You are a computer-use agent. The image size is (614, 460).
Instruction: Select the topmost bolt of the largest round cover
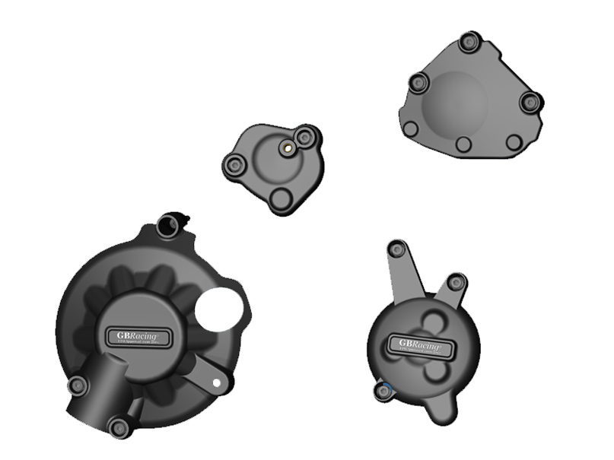click(167, 225)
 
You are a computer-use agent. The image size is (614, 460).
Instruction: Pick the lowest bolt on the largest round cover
click(119, 427)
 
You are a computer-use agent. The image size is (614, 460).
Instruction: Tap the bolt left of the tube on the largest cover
click(78, 386)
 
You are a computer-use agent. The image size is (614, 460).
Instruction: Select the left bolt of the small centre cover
click(234, 164)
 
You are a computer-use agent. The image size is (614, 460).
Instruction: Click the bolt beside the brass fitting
click(306, 138)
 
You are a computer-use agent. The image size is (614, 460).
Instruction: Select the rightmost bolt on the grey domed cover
click(530, 100)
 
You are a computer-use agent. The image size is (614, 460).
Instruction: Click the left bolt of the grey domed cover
click(418, 83)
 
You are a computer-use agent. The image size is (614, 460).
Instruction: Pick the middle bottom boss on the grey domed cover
click(463, 144)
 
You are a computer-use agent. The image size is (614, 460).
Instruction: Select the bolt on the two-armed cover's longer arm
click(396, 249)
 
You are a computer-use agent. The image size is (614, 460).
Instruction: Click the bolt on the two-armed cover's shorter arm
click(455, 283)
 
